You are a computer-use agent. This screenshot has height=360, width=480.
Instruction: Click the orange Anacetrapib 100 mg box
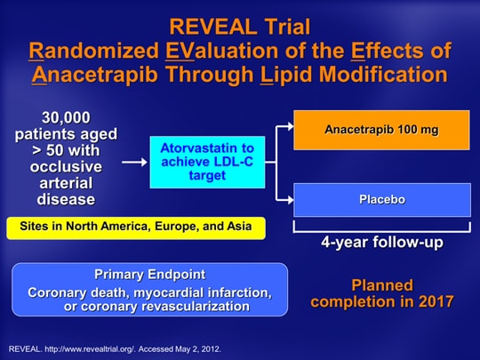tap(381, 130)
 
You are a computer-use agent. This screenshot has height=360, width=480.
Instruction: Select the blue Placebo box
tap(382, 200)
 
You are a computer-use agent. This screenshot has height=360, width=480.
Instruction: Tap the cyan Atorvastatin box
tap(207, 162)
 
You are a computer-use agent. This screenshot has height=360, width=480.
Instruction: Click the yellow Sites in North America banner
tap(136, 228)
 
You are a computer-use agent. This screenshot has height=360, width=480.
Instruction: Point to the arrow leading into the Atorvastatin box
tap(134, 162)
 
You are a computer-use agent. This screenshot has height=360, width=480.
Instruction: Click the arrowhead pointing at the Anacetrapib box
tap(290, 126)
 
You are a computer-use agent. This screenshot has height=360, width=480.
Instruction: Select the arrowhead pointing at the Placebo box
tap(290, 200)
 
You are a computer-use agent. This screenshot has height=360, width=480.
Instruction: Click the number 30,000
tap(66, 118)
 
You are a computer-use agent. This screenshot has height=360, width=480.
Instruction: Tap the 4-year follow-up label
tap(382, 243)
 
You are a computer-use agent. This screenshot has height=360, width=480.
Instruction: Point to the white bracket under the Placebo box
tap(382, 231)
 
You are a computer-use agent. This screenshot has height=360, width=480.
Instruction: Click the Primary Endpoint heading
tap(150, 275)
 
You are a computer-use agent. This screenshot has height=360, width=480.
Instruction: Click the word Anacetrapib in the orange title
tap(95, 75)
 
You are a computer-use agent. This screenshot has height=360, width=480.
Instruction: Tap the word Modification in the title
tap(383, 74)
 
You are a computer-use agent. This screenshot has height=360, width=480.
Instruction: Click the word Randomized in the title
tap(94, 51)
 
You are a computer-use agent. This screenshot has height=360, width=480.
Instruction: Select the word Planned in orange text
tap(382, 285)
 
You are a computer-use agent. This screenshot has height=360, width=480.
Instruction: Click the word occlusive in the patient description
tap(66, 167)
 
